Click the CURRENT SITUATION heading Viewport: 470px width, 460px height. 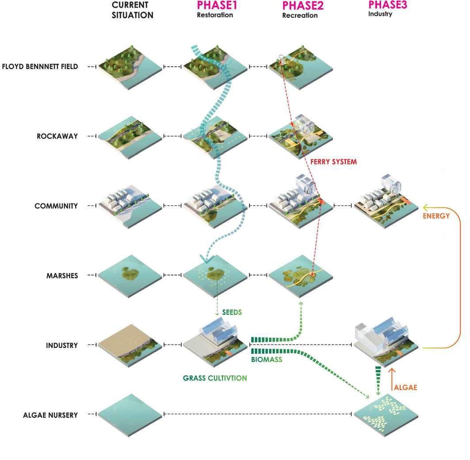coord(132,10)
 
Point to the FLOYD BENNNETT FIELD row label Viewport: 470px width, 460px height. coord(40,67)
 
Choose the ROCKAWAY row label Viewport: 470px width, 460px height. coord(57,136)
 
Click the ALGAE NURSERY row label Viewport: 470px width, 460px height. coord(50,415)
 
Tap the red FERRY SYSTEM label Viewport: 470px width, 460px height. coord(333,162)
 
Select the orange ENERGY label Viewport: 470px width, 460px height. coord(436,216)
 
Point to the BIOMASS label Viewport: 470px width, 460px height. coord(267,359)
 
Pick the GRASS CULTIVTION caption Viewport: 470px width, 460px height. coord(215,378)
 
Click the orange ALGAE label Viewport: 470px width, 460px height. coord(405,387)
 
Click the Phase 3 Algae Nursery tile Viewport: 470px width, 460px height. coord(386,414)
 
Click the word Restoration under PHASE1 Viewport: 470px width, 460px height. coord(215,15)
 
